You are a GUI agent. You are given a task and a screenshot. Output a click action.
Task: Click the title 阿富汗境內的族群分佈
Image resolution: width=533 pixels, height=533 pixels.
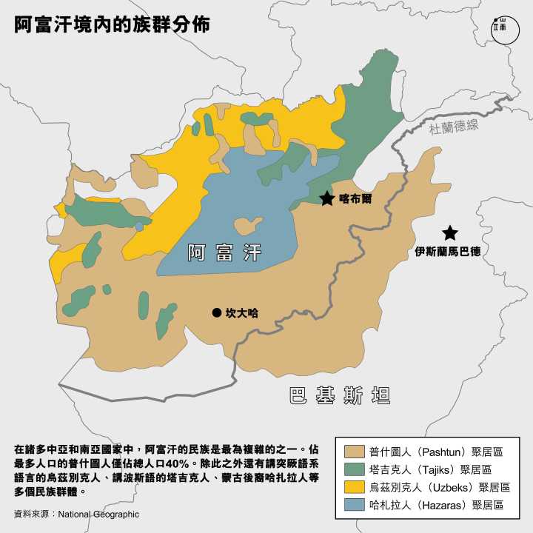[112, 24]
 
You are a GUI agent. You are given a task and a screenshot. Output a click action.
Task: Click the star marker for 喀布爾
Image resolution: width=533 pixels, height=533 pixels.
[326, 198]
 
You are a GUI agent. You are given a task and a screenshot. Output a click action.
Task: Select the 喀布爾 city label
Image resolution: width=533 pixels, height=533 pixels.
[355, 199]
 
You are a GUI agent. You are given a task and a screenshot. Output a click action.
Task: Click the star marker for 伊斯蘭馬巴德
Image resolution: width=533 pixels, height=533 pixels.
[449, 232]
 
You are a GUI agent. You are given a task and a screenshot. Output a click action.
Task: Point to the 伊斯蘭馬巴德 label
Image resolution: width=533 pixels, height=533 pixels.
[448, 252]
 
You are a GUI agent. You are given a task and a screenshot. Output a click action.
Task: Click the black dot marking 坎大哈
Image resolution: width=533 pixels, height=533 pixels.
[216, 313]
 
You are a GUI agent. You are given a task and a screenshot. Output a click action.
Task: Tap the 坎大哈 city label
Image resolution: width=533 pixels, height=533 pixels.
[242, 313]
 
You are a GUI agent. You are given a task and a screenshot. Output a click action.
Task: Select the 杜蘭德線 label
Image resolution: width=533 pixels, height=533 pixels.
[454, 126]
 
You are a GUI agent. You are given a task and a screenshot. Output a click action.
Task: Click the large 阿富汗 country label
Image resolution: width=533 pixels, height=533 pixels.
[224, 252]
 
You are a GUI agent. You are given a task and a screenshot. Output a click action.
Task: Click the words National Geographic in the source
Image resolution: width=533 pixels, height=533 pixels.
[98, 514]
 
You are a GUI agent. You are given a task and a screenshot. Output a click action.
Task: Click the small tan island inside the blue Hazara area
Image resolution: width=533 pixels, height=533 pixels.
[248, 225]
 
